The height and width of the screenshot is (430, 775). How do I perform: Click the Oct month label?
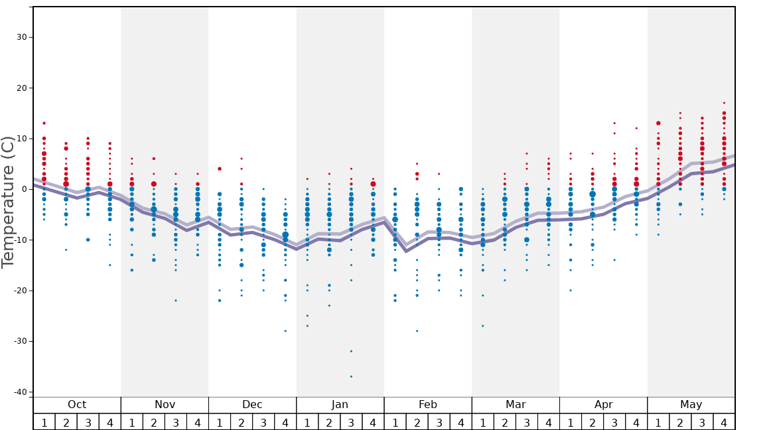tap(77, 405)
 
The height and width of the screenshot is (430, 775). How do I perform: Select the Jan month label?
tap(340, 405)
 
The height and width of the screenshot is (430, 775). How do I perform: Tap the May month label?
tap(691, 405)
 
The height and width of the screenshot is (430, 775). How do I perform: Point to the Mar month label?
tap(516, 405)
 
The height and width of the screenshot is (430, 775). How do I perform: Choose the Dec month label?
tap(252, 405)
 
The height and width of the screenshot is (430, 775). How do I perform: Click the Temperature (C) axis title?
tap(8, 202)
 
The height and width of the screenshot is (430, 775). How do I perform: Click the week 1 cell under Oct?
tap(44, 422)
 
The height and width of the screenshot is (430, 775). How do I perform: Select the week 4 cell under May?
tap(724, 422)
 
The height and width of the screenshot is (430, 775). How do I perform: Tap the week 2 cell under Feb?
tap(417, 422)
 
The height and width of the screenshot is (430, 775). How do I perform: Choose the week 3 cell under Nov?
tap(176, 422)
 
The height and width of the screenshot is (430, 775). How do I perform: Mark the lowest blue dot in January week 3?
tap(351, 376)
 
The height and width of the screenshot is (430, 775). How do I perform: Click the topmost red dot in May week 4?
tap(724, 103)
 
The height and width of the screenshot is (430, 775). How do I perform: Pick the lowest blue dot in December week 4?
tap(285, 330)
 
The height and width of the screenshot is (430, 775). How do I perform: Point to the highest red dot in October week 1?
tap(44, 123)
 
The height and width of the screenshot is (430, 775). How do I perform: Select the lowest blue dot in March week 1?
tap(482, 326)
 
